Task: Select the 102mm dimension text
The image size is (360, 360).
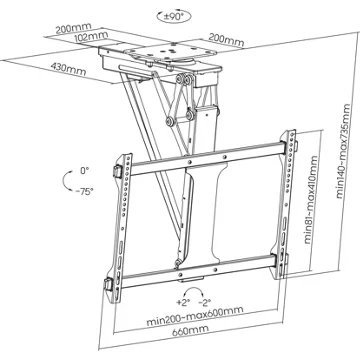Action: tap(91, 36)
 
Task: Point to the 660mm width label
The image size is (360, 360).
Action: tap(191, 330)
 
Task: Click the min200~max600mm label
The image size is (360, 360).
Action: tap(195, 316)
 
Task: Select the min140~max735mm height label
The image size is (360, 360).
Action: tap(343, 152)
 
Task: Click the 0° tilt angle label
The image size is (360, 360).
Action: tap(85, 171)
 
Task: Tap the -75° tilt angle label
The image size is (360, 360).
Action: tap(84, 191)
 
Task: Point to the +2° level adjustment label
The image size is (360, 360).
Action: tap(183, 302)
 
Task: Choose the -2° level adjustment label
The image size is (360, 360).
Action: tap(204, 302)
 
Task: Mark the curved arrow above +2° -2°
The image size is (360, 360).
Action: tap(195, 289)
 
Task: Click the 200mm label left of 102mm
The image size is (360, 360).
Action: tap(73, 29)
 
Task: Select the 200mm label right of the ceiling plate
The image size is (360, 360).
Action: tap(226, 41)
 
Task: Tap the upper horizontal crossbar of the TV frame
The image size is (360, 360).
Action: tap(207, 158)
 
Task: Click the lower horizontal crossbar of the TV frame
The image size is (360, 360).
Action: tap(199, 271)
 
